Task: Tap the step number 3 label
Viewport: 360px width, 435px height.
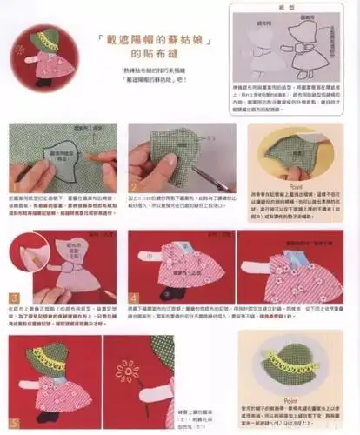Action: pyautogui.click(x=11, y=298)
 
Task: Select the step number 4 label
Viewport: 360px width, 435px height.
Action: pyautogui.click(x=132, y=298)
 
